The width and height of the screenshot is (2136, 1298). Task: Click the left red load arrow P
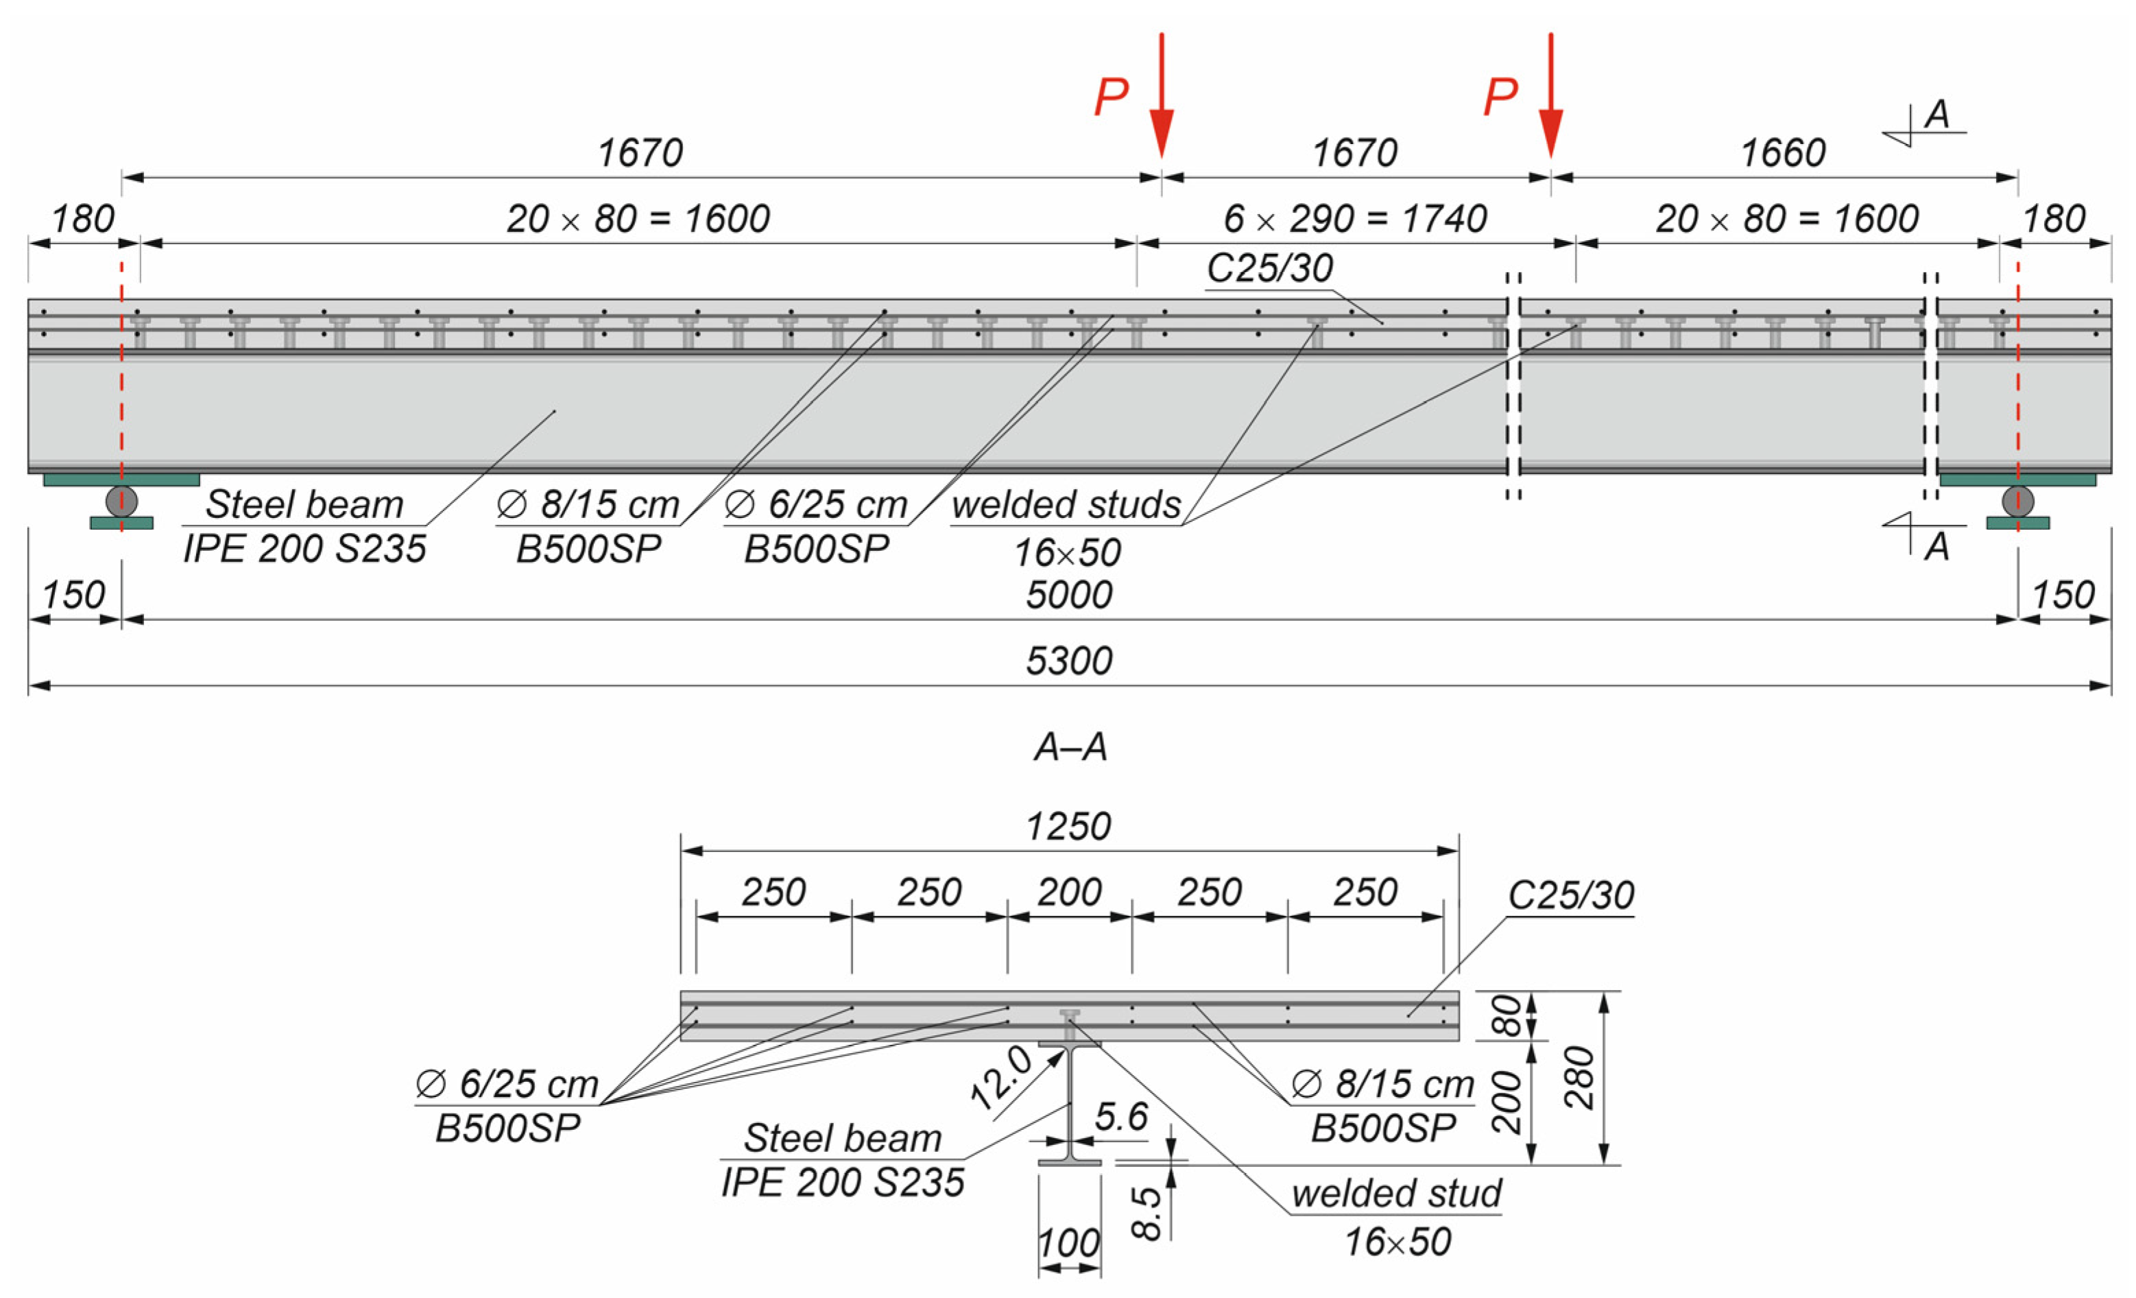[x=1161, y=95]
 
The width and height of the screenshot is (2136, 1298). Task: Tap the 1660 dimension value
[x=1782, y=154]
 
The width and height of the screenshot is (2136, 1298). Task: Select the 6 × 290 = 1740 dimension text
[x=1355, y=218]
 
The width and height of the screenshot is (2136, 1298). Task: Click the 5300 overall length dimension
[x=1068, y=661]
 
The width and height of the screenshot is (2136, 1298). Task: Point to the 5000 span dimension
[x=1068, y=595]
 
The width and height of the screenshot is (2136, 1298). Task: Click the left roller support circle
[x=121, y=501]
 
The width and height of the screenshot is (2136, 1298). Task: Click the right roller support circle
[x=2017, y=501]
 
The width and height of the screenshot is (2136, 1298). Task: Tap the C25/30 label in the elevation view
[x=1269, y=268]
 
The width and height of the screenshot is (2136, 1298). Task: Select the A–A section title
[x=1070, y=746]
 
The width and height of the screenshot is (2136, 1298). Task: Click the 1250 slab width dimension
[x=1068, y=826]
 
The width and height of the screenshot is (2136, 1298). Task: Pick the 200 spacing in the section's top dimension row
[x=1069, y=893]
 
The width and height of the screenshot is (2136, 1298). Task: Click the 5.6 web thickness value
[x=1121, y=1117]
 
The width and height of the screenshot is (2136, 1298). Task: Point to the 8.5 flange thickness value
[x=1146, y=1212]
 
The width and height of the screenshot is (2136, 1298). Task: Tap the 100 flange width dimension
[x=1069, y=1243]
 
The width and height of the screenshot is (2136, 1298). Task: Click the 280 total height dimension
[x=1579, y=1077]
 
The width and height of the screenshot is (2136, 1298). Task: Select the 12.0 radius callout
[x=1001, y=1078]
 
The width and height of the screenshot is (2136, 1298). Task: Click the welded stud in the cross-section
[x=1070, y=1024]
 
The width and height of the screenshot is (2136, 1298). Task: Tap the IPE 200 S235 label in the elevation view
[x=304, y=549]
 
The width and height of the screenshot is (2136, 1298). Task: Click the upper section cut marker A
[x=1936, y=115]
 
